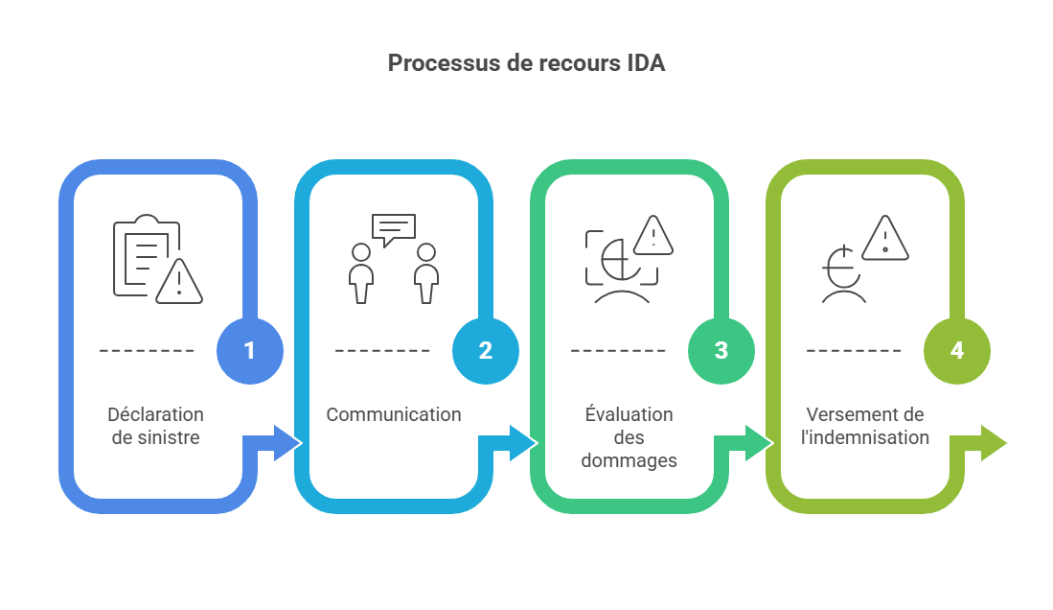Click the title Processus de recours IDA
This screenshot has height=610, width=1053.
[x=526, y=63]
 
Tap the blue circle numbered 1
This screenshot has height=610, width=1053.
[x=249, y=351]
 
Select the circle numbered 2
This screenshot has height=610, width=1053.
[x=485, y=351]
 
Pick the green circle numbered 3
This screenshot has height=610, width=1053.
[x=721, y=351]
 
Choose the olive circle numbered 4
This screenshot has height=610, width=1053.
[x=956, y=351]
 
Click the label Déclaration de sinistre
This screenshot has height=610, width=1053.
[x=155, y=426]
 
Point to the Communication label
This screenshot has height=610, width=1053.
[x=393, y=414]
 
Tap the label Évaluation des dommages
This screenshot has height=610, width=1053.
[x=629, y=437]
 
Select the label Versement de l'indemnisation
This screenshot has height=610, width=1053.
[x=866, y=426]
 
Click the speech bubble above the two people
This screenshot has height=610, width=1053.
[x=393, y=228]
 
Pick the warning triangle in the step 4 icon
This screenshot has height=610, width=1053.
[x=885, y=238]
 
